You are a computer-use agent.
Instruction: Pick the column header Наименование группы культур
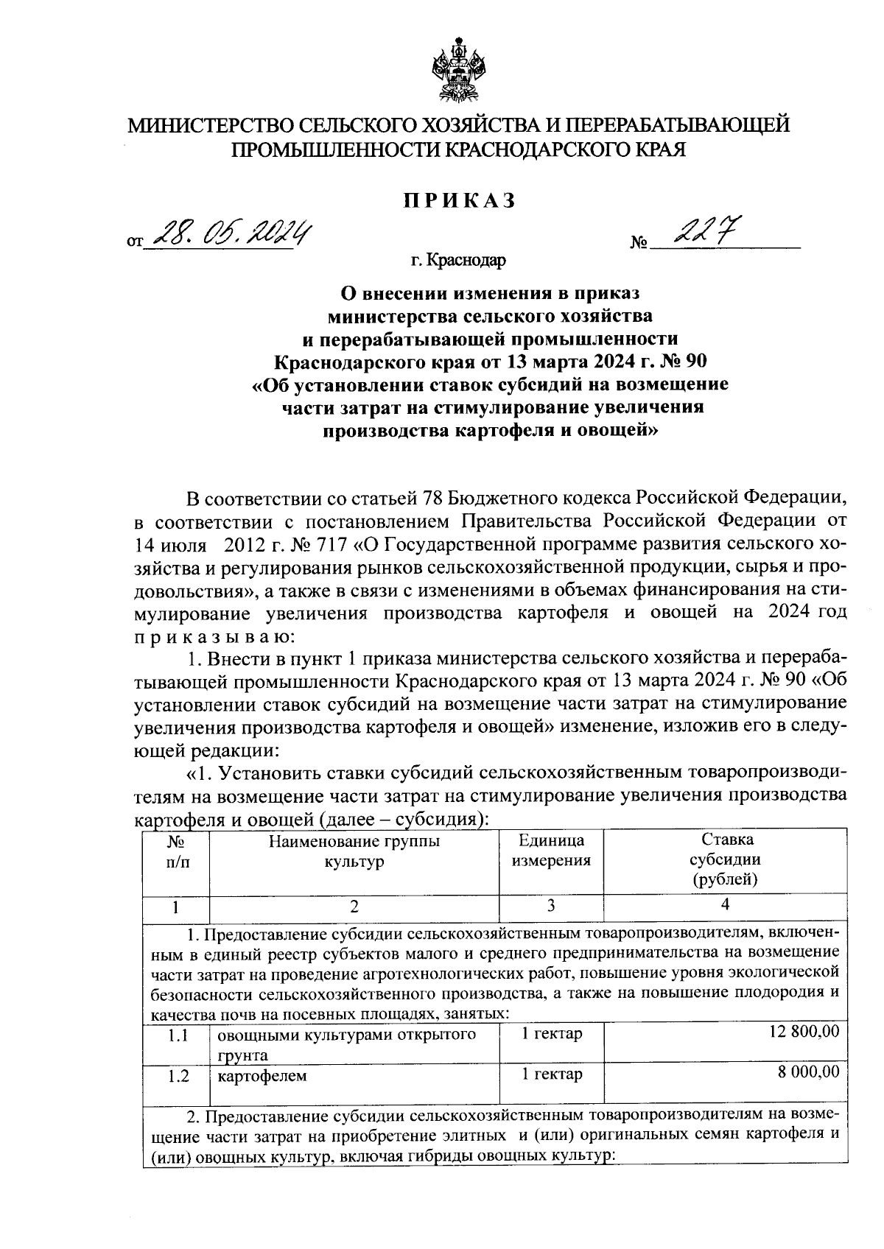tap(354, 851)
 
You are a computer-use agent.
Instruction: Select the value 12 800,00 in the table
tap(804, 1032)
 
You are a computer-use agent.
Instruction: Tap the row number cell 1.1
tap(177, 1035)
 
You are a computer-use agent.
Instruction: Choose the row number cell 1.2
tap(177, 1076)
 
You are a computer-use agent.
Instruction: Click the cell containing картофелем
tap(262, 1076)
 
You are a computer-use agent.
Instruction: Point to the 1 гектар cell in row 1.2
tap(552, 1074)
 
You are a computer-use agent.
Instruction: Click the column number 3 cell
tap(550, 906)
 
